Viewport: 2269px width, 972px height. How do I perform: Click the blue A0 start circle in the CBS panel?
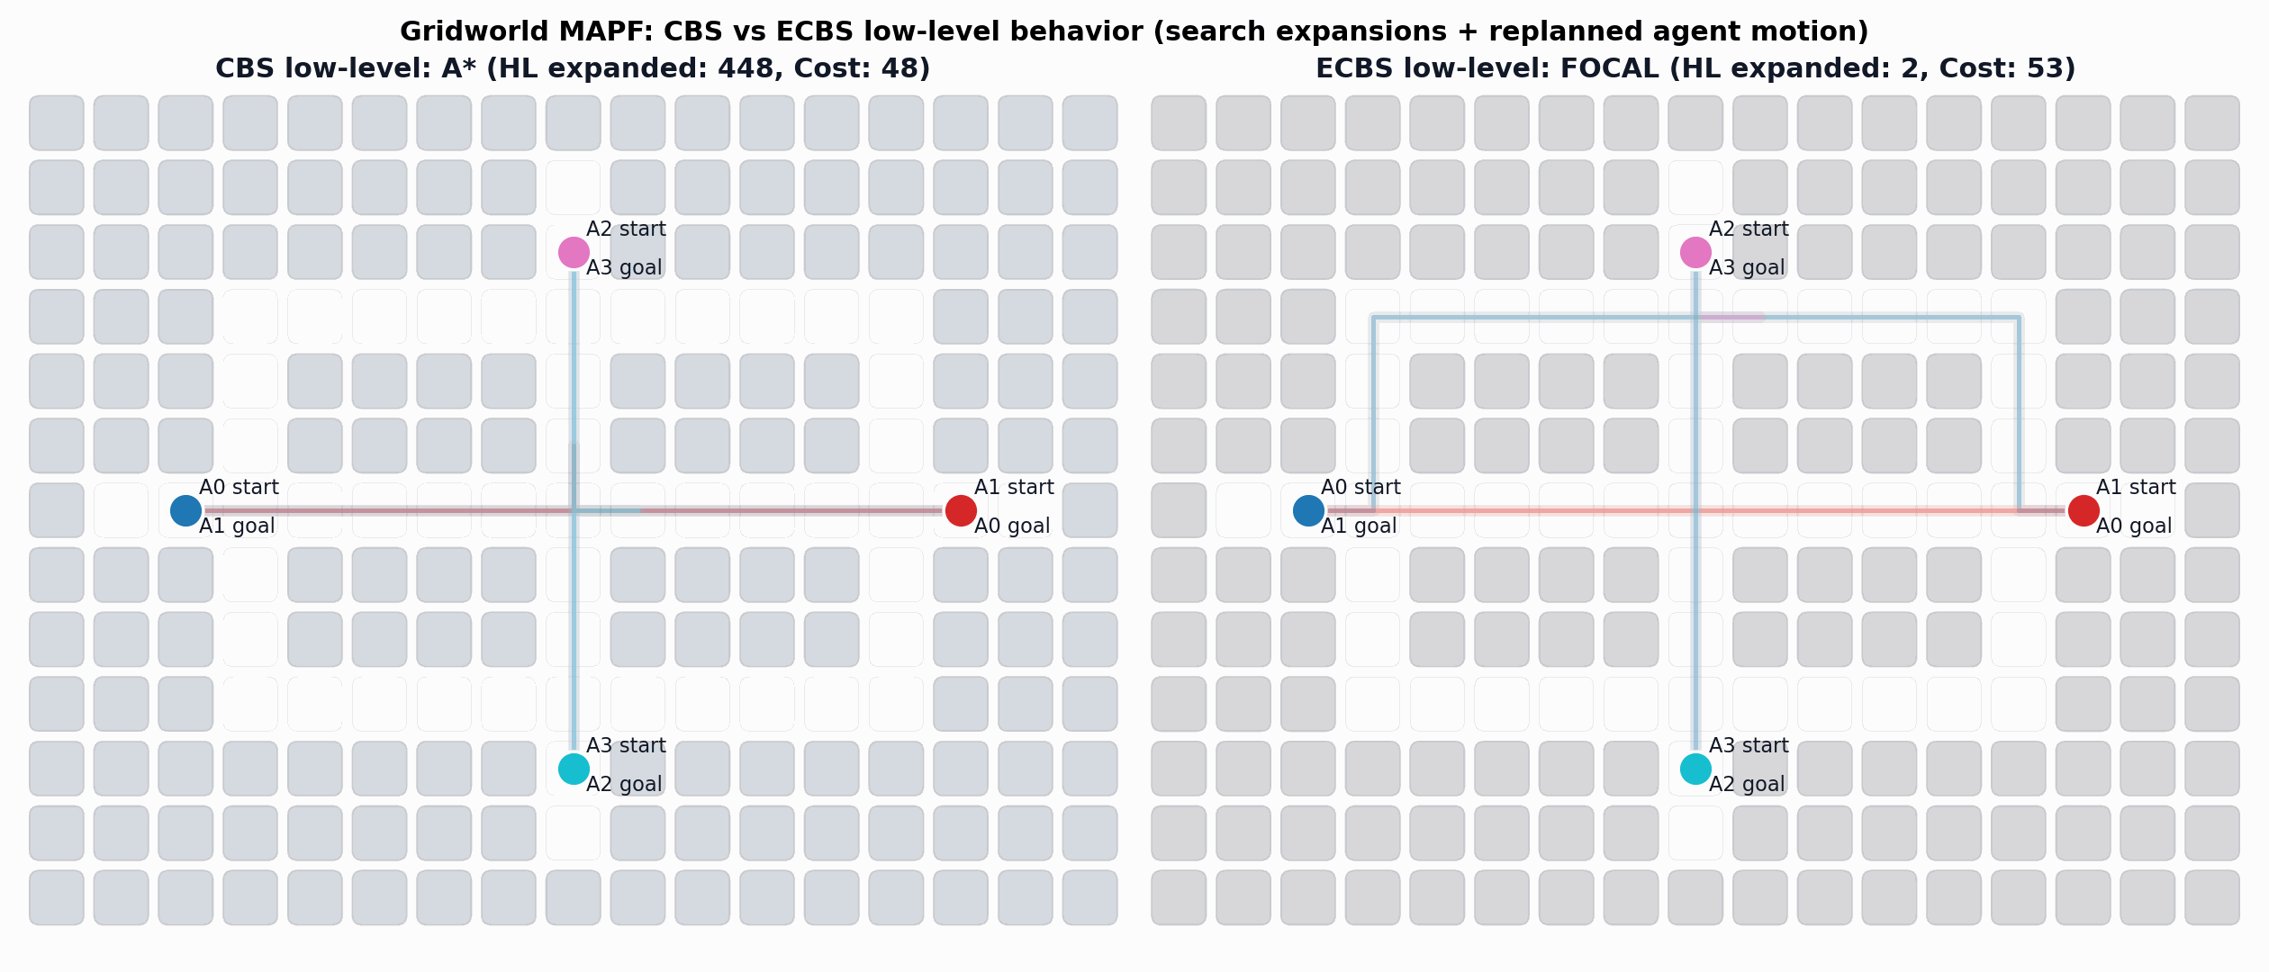[x=185, y=510]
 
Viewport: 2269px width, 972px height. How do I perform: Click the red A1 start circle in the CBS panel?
[x=961, y=510]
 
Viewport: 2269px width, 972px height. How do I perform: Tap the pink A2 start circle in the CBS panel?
[x=574, y=253]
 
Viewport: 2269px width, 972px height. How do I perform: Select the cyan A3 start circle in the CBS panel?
[x=574, y=769]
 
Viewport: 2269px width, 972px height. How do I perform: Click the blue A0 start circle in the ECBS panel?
[x=1308, y=510]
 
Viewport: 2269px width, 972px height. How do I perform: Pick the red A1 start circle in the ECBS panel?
[x=2084, y=510]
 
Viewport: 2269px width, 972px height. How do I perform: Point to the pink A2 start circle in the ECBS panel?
[x=1695, y=253]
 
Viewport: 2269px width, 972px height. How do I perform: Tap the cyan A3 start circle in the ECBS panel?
[x=1695, y=769]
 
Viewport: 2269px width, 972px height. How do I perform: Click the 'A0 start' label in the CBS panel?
[x=239, y=488]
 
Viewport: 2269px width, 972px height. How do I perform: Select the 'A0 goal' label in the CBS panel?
[x=1012, y=526]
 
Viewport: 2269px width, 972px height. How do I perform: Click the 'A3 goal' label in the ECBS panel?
[x=1747, y=268]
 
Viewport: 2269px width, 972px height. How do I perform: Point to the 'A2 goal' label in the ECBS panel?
[x=1747, y=785]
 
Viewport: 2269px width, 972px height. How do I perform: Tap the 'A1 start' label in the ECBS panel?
[x=2136, y=488]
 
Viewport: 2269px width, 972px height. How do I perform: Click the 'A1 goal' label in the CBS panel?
[x=237, y=526]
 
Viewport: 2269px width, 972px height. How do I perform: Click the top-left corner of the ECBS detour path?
[x=1373, y=317]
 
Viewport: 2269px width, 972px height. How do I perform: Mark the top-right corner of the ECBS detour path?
[x=2019, y=317]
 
